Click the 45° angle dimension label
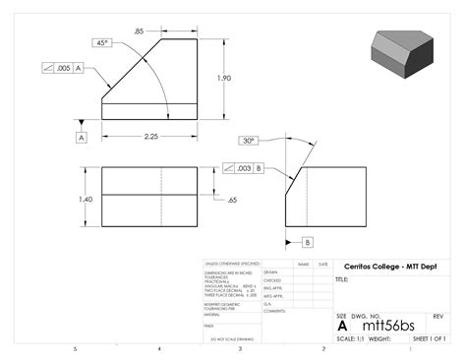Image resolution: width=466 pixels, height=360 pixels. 102,43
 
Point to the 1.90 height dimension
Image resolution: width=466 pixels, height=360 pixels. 225,78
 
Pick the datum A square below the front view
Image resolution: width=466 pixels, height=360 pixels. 82,137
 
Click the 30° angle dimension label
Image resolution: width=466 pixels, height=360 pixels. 249,140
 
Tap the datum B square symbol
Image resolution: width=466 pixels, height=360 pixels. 308,241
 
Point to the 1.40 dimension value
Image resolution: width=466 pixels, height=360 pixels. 86,199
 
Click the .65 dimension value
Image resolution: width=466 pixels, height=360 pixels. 231,200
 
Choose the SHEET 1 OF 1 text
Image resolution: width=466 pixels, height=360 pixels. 429,338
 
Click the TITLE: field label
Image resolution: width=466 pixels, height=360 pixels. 343,279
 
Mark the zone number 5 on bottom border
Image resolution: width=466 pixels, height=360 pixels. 75,349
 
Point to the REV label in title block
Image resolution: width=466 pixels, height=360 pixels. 438,316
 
